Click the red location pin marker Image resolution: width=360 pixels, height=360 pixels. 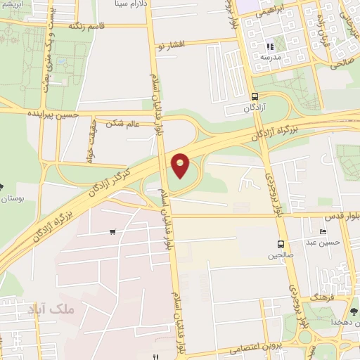point(181,165)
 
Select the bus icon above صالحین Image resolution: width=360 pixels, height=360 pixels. point(281,244)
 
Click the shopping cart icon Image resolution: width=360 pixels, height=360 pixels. point(112,231)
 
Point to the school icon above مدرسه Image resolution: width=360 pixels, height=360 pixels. point(270,46)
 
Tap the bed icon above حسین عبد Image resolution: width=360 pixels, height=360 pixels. point(323,232)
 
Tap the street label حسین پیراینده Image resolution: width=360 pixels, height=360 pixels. point(51,112)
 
